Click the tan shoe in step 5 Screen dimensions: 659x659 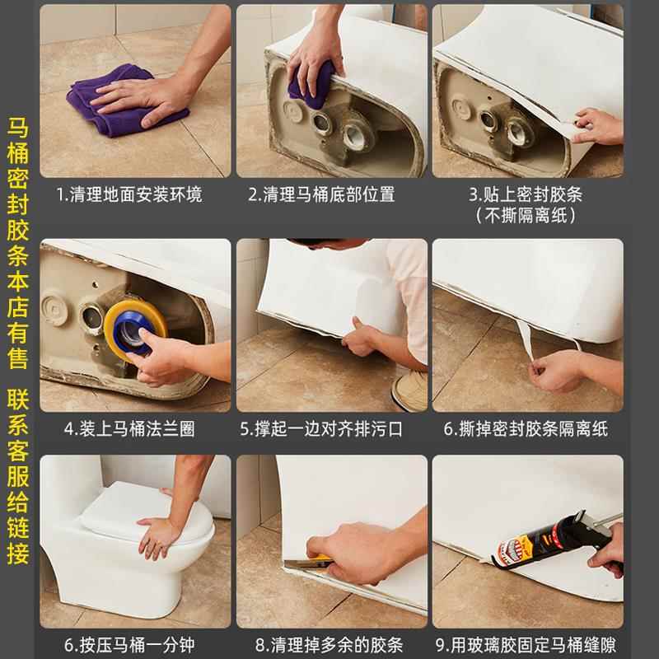coord(409,390)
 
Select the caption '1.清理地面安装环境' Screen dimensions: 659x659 coord(129,195)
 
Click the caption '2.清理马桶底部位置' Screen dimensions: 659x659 coord(321,195)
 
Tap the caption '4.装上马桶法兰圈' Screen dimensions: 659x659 coord(129,429)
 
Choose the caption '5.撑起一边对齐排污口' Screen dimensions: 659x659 coord(321,429)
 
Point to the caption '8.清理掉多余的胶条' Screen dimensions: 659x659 coord(329,645)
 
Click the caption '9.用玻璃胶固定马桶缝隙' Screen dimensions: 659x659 coord(526,645)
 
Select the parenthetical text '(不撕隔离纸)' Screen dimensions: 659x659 coord(526,216)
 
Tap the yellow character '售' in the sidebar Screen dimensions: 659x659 coord(18,358)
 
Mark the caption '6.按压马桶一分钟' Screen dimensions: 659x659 coord(129,645)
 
